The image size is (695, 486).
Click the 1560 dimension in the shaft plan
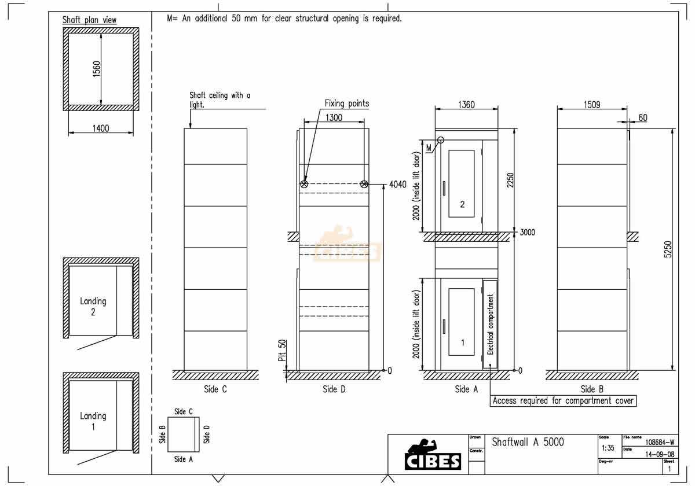point(97,69)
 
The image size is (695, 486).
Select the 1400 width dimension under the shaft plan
point(101,128)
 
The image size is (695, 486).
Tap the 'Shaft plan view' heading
point(89,20)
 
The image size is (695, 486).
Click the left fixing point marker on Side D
point(305,184)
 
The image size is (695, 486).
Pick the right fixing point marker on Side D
point(364,184)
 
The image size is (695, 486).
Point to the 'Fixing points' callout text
point(346,104)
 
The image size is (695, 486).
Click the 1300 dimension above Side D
point(334,117)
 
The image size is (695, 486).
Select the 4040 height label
point(398,185)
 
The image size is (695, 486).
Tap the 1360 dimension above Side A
point(466,105)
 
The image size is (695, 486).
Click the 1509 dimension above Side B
point(591,105)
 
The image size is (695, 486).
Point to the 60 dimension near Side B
point(642,117)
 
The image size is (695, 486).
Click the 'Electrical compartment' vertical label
point(491,324)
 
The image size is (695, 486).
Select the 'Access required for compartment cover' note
point(563,400)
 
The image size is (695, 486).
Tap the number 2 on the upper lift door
point(462,204)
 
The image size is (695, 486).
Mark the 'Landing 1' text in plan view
point(93,421)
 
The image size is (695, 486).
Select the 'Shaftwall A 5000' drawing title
point(528,442)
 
